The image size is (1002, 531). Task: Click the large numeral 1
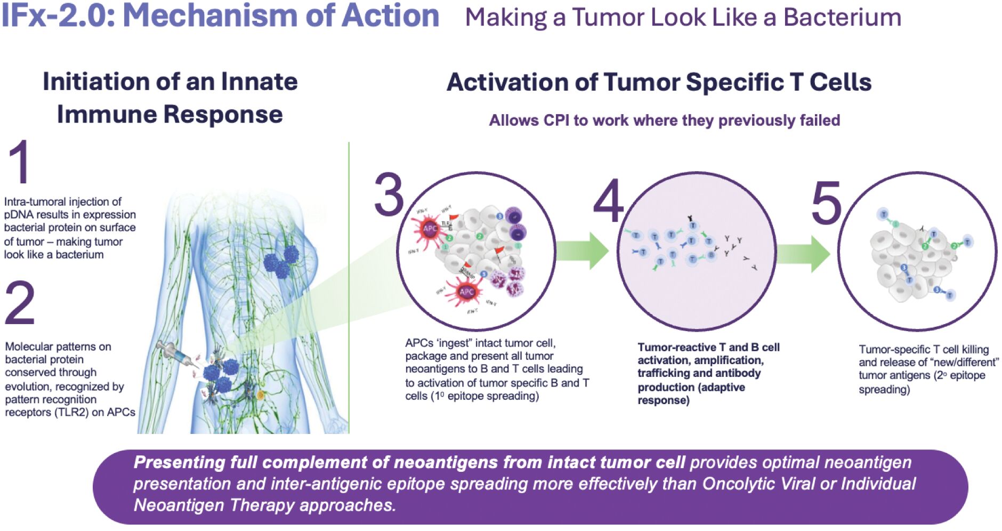point(20,163)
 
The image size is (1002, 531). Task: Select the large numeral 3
point(389,195)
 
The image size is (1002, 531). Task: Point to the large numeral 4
point(608,201)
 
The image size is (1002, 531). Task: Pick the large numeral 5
point(826,203)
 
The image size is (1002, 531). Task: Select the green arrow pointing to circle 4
point(583,251)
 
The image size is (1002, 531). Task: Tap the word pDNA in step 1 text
point(19,215)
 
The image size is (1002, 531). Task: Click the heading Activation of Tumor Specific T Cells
point(659,83)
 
